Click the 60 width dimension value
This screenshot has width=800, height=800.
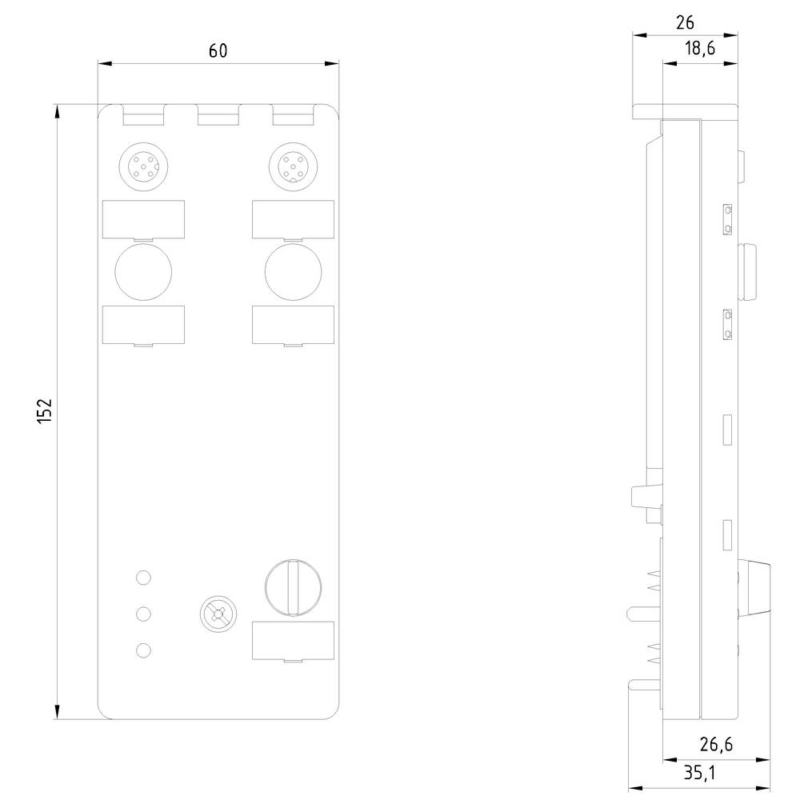(218, 50)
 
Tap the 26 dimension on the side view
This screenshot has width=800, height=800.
(685, 22)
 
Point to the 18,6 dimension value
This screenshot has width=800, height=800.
(699, 49)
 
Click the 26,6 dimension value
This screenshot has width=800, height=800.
(715, 745)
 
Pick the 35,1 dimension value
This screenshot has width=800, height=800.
(700, 773)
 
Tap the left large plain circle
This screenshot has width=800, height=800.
(143, 271)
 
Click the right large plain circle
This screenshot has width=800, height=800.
(293, 271)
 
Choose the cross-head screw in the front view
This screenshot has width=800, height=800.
(217, 614)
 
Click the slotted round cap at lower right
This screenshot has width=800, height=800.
(293, 586)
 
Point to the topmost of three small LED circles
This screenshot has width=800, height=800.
(143, 577)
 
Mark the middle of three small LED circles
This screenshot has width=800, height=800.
(143, 614)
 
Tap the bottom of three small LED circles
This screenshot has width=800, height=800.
(143, 650)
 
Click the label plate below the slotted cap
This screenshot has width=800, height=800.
(293, 641)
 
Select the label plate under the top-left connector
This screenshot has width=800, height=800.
(143, 219)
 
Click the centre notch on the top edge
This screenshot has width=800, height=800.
(218, 117)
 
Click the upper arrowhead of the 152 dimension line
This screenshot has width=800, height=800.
(58, 112)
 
